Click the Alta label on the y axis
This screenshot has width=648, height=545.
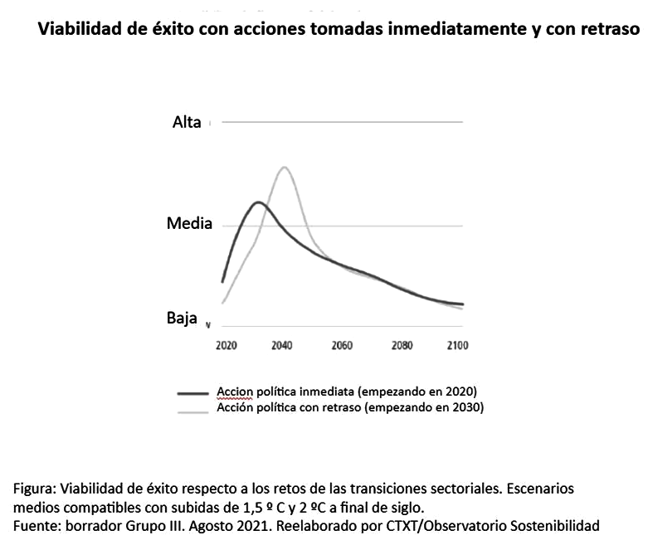coord(187,122)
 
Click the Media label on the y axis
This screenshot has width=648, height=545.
coord(189,223)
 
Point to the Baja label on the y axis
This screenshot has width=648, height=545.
coord(182,317)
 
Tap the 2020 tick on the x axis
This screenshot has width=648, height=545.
coord(226,345)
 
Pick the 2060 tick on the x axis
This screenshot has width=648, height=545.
coord(342,345)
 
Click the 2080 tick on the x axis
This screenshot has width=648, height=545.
coord(401,345)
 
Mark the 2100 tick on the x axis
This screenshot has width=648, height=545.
coord(457,345)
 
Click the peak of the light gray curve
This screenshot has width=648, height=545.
coord(285,168)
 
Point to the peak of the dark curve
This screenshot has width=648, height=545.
coord(258,202)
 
